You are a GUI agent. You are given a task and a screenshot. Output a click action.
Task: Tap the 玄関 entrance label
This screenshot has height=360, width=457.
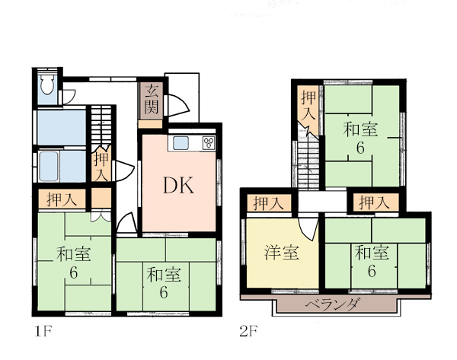pyautogui.click(x=152, y=99)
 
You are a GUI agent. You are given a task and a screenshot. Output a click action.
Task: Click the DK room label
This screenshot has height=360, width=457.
pyautogui.click(x=178, y=186)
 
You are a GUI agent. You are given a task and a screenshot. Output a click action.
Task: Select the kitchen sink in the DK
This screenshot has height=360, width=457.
pyautogui.click(x=181, y=143)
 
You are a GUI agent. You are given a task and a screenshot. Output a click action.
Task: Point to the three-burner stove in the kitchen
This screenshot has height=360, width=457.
pyautogui.click(x=209, y=143)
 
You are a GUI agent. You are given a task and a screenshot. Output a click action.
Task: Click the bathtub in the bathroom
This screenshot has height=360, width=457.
pyautogui.click(x=49, y=166)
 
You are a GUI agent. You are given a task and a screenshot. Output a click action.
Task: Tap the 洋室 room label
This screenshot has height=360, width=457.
pyautogui.click(x=282, y=253)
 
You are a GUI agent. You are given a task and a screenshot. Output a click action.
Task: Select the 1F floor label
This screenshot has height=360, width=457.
pyautogui.click(x=43, y=332)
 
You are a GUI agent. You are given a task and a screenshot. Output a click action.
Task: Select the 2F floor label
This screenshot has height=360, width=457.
pyautogui.click(x=248, y=331)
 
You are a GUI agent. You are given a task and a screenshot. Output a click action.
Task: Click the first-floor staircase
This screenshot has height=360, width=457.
pyautogui.click(x=101, y=126)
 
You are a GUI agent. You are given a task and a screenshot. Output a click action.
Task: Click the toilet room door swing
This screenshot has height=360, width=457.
pyautogui.click(x=69, y=97)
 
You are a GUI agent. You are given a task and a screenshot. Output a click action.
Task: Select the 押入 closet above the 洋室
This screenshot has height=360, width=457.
pyautogui.click(x=269, y=203)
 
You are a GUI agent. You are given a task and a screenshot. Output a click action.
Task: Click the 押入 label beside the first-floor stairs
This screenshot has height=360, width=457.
pyautogui.click(x=101, y=167)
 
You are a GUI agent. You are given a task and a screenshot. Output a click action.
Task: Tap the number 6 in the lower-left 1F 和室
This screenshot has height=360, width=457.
pyautogui.click(x=73, y=273)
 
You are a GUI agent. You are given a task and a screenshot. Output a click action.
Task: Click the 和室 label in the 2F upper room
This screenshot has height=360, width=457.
pyautogui.click(x=360, y=129)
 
